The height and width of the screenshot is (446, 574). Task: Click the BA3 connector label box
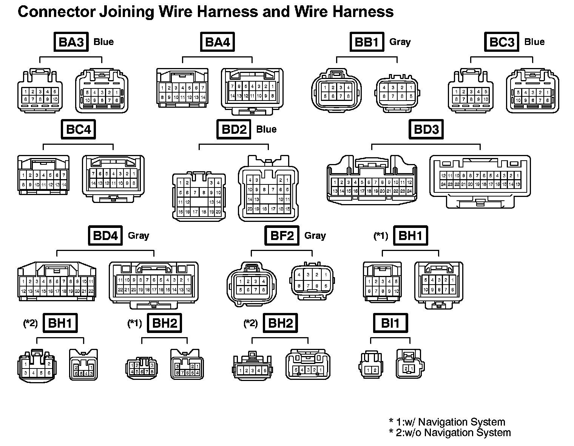[x=71, y=42]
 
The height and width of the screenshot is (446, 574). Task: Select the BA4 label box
[x=217, y=42]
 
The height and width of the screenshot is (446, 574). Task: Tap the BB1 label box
[x=366, y=42]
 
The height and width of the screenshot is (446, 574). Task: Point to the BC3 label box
[x=501, y=42]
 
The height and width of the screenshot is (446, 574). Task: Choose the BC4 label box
[x=79, y=129]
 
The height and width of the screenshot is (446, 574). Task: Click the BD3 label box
[x=426, y=129]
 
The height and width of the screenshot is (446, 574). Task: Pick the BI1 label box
[x=390, y=323]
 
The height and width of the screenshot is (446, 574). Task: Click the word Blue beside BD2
[x=266, y=129]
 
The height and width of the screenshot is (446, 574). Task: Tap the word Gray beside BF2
[x=315, y=235]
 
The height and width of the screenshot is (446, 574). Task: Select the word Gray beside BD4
[x=139, y=235]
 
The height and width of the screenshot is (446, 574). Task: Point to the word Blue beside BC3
[x=534, y=42]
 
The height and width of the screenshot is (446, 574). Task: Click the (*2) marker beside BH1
[x=31, y=323]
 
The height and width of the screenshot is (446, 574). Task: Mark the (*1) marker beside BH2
[x=135, y=323]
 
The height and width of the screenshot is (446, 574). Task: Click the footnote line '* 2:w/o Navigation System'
[x=450, y=433]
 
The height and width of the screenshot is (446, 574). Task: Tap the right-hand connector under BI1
[x=410, y=365]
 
